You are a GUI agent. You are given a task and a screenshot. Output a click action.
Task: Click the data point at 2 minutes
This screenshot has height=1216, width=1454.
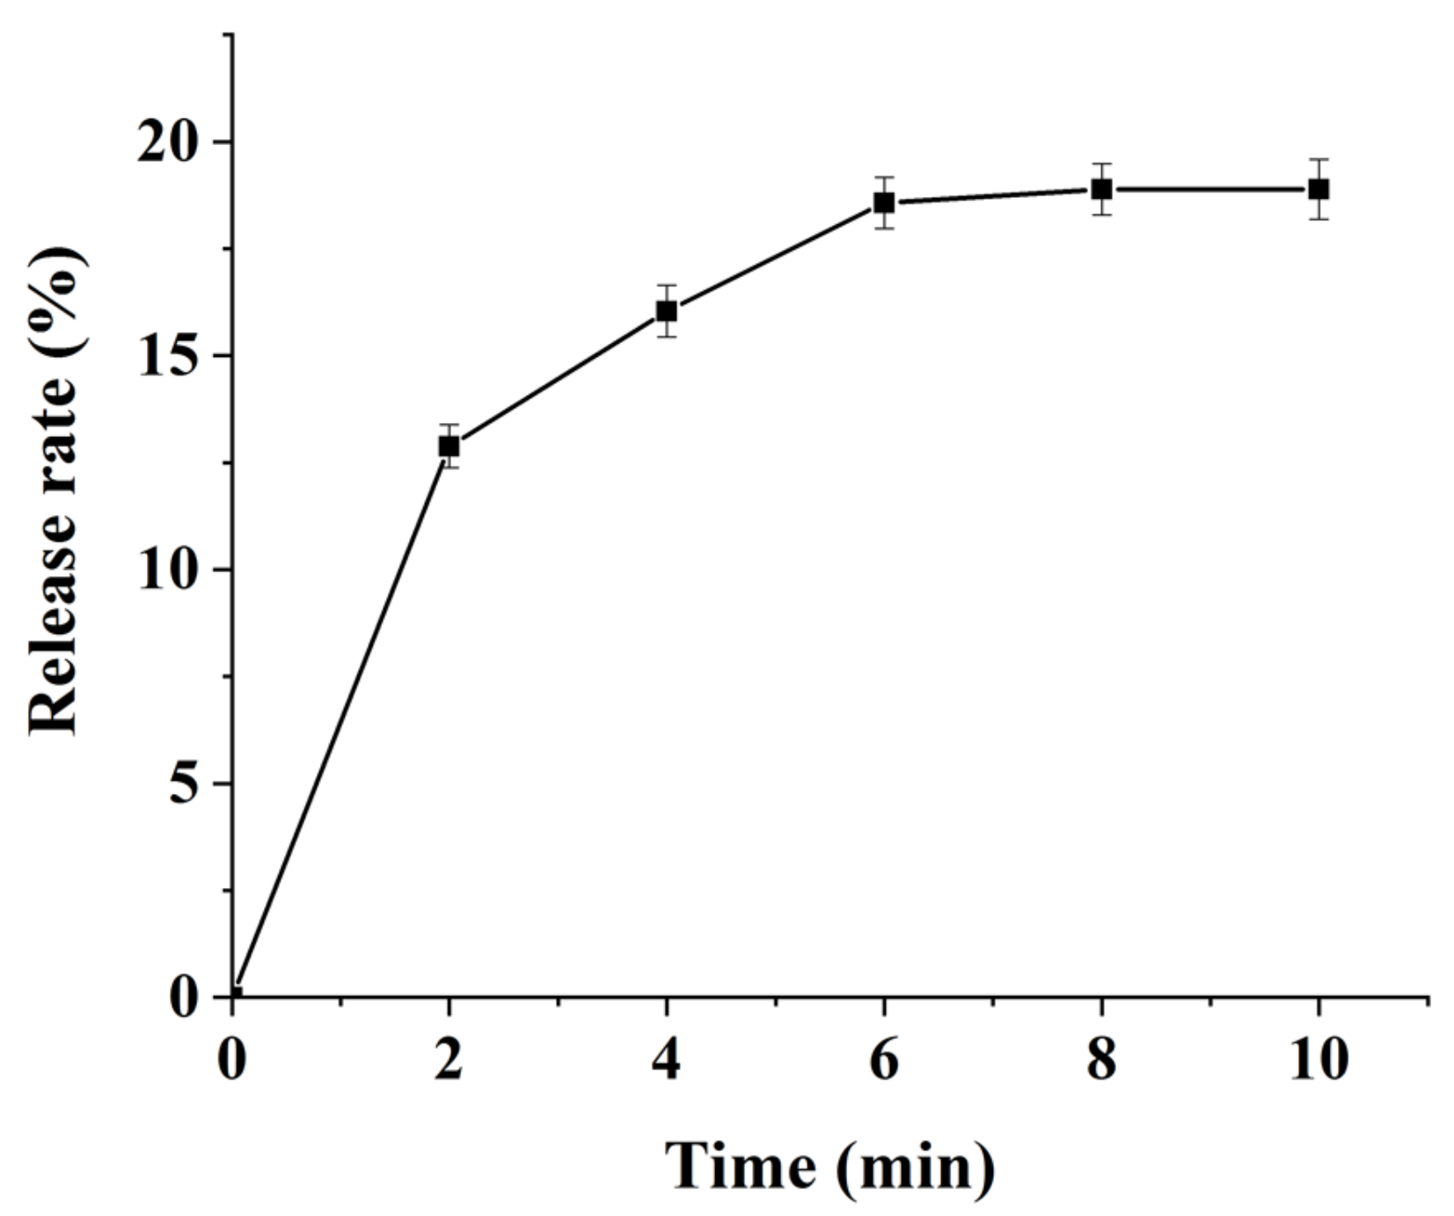[449, 446]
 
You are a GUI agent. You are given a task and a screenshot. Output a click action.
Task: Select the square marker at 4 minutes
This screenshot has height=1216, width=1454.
[667, 310]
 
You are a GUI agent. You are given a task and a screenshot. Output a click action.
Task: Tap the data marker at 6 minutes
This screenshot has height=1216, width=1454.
[884, 202]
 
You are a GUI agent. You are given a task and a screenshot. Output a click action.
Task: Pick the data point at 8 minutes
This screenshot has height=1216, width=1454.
[1101, 189]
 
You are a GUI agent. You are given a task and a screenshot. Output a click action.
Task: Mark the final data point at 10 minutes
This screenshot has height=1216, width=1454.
[1319, 189]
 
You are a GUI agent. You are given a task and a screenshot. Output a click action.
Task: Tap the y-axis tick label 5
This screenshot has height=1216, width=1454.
[185, 783]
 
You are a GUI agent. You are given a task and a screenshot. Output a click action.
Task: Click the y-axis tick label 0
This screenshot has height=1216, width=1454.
[185, 997]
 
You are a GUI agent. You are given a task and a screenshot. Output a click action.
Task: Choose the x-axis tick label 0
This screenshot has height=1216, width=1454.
[231, 1059]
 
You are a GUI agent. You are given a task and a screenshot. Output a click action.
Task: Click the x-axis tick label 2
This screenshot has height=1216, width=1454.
[449, 1059]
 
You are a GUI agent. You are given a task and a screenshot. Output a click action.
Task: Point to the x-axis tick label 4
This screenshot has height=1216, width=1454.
[667, 1059]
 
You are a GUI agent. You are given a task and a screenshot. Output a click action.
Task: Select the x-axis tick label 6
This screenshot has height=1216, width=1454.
[884, 1059]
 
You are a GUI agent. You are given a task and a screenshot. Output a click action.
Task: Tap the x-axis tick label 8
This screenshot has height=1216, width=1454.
[1101, 1059]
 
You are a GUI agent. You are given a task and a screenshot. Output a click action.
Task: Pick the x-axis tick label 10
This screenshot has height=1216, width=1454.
[1319, 1059]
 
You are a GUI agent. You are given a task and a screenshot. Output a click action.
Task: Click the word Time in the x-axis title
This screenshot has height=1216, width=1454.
[740, 1167]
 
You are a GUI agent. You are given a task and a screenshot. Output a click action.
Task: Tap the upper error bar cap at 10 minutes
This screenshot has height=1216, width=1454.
[1319, 159]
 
